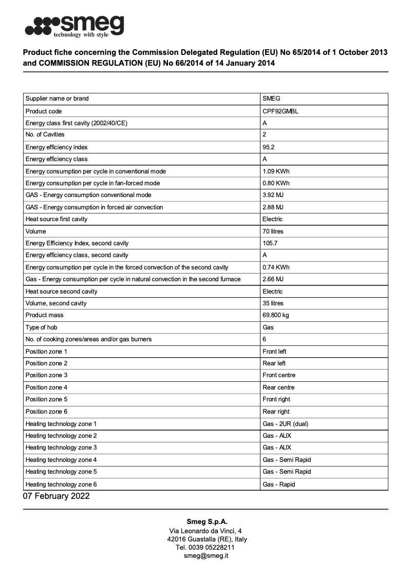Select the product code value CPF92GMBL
(x=280, y=111)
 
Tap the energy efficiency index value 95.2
(x=269, y=147)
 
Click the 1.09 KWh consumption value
(x=276, y=171)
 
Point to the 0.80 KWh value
(x=276, y=183)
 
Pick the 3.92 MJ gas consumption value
(x=273, y=195)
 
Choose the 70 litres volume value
(x=273, y=231)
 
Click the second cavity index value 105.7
(x=271, y=243)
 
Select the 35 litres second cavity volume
(x=273, y=303)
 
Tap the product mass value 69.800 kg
(x=276, y=315)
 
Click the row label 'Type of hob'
(x=41, y=327)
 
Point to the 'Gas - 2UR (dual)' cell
(x=285, y=424)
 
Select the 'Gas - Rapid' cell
(x=278, y=484)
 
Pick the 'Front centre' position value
(x=279, y=375)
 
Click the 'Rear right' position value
(x=276, y=412)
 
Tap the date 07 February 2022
(x=56, y=496)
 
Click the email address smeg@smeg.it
(x=206, y=556)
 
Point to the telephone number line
(x=205, y=548)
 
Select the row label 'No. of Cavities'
(x=45, y=134)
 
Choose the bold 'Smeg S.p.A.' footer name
(x=206, y=522)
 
